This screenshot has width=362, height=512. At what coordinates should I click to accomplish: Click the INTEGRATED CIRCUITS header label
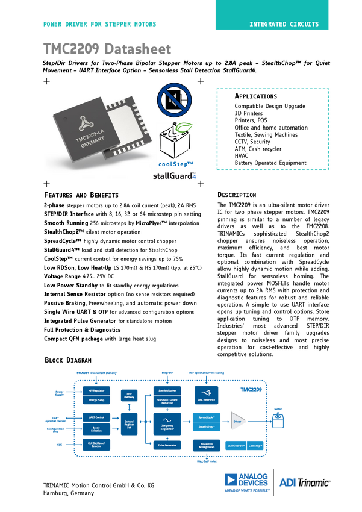click(289, 25)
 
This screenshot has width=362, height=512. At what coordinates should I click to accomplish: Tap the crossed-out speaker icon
click(174, 100)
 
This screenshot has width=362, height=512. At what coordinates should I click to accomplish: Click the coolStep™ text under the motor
click(176, 164)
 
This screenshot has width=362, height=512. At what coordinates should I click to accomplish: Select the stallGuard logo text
click(174, 176)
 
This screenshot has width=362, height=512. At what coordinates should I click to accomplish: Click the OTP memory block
click(129, 395)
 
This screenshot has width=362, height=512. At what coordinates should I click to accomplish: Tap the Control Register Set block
click(129, 422)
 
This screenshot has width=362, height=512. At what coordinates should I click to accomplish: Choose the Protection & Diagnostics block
click(207, 446)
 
